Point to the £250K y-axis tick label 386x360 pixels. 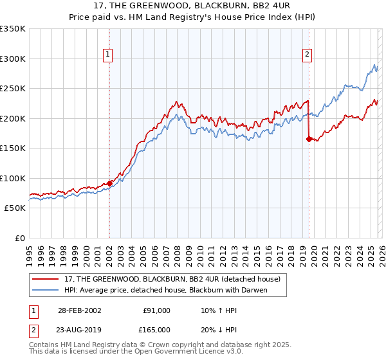[x=13, y=88]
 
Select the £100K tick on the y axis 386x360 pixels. [x=13, y=178]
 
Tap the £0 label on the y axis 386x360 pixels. [x=19, y=238]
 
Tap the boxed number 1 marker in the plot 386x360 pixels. [x=108, y=55]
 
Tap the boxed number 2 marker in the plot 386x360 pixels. [x=308, y=55]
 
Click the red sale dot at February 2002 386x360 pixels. [x=109, y=183]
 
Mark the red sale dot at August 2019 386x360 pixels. [x=309, y=139]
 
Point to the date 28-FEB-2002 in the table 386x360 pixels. [x=79, y=310]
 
